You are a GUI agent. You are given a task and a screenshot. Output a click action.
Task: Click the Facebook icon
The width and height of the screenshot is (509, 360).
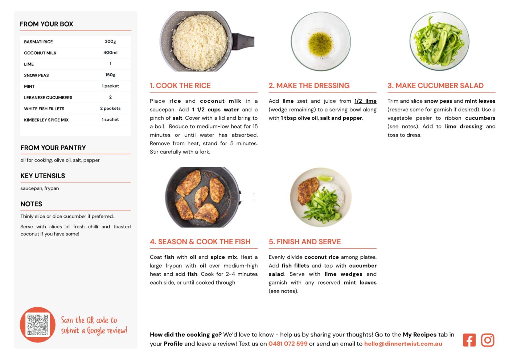[x=469, y=340]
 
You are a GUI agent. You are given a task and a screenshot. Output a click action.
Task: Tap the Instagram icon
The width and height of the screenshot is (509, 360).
[x=487, y=340]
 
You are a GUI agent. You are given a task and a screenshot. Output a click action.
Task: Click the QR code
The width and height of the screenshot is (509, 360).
[x=38, y=324]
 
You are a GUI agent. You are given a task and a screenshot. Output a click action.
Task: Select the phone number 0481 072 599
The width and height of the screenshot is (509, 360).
[x=288, y=344]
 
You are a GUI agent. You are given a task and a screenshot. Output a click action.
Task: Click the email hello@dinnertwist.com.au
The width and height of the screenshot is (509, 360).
[x=403, y=344]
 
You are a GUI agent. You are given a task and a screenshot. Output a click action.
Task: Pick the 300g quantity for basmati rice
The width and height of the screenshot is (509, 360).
[x=110, y=41]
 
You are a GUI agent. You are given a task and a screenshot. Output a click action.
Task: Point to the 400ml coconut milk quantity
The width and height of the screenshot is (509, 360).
[x=110, y=53]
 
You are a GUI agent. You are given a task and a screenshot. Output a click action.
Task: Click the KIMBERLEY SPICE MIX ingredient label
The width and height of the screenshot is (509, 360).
[x=46, y=120]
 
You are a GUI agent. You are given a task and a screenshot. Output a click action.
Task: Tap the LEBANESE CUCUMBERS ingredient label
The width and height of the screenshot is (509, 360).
[x=48, y=98]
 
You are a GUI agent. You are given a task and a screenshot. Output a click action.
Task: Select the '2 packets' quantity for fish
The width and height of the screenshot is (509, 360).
[x=110, y=109]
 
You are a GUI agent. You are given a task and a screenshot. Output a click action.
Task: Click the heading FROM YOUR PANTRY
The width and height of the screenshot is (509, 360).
[x=53, y=148]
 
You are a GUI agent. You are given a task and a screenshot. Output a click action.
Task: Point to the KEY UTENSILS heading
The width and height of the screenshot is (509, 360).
[x=43, y=176]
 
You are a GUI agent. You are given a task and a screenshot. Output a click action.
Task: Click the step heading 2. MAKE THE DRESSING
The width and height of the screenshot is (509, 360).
[x=309, y=85]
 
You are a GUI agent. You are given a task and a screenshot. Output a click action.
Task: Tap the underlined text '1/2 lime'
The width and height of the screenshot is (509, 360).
[x=365, y=101]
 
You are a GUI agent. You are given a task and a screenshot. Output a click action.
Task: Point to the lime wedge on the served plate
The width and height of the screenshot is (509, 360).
[x=324, y=178]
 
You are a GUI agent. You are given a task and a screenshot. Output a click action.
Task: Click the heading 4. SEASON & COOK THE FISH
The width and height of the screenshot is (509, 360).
[x=200, y=242]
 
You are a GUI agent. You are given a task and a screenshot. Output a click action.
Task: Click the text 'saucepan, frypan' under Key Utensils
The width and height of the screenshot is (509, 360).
[x=40, y=188]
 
